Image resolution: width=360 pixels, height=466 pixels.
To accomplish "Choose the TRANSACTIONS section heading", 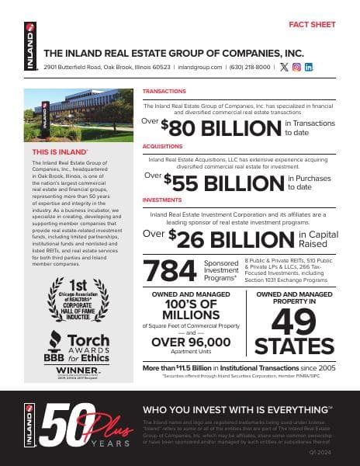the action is [x=164, y=92].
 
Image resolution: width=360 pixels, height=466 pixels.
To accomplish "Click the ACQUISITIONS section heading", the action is [x=163, y=145].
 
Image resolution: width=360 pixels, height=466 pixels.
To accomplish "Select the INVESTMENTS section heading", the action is [x=161, y=200].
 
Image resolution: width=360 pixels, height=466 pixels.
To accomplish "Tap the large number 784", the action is [x=171, y=270].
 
